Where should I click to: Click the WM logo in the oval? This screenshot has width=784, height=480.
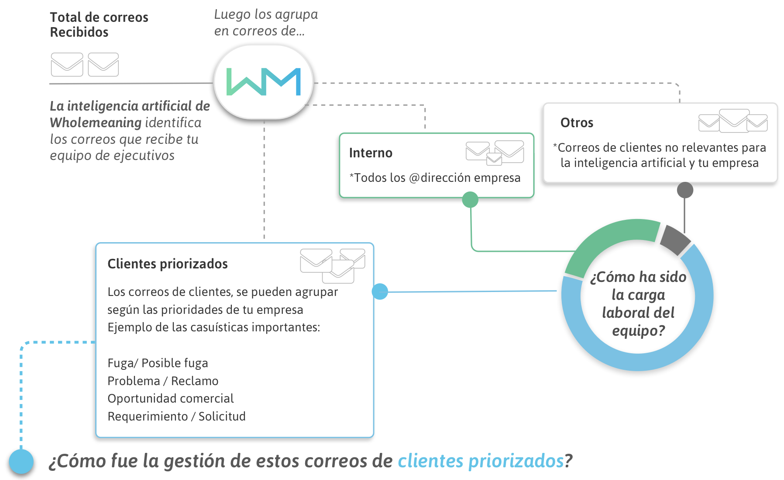(263, 82)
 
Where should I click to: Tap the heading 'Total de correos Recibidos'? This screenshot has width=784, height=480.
(99, 24)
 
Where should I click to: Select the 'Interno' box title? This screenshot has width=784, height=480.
(371, 153)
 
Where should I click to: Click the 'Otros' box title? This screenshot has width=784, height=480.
(577, 123)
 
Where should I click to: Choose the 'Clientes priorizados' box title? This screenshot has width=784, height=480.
(168, 264)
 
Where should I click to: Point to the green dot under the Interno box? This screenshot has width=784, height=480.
(470, 200)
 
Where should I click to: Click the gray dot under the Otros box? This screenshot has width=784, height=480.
(685, 190)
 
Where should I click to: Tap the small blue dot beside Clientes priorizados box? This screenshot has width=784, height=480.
(380, 292)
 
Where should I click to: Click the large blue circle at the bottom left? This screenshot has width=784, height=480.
(21, 461)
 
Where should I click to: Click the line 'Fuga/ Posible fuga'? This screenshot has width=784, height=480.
(158, 363)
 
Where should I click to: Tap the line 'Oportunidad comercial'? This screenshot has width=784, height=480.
(171, 399)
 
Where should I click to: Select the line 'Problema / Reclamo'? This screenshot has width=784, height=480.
(163, 381)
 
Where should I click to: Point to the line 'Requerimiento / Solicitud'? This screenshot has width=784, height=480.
(176, 417)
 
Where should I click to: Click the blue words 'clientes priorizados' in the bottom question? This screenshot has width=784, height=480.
(481, 461)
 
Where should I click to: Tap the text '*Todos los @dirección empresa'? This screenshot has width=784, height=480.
(435, 178)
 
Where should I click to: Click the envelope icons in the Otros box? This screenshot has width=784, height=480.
(733, 121)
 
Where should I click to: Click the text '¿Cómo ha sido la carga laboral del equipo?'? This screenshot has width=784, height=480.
(638, 304)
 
